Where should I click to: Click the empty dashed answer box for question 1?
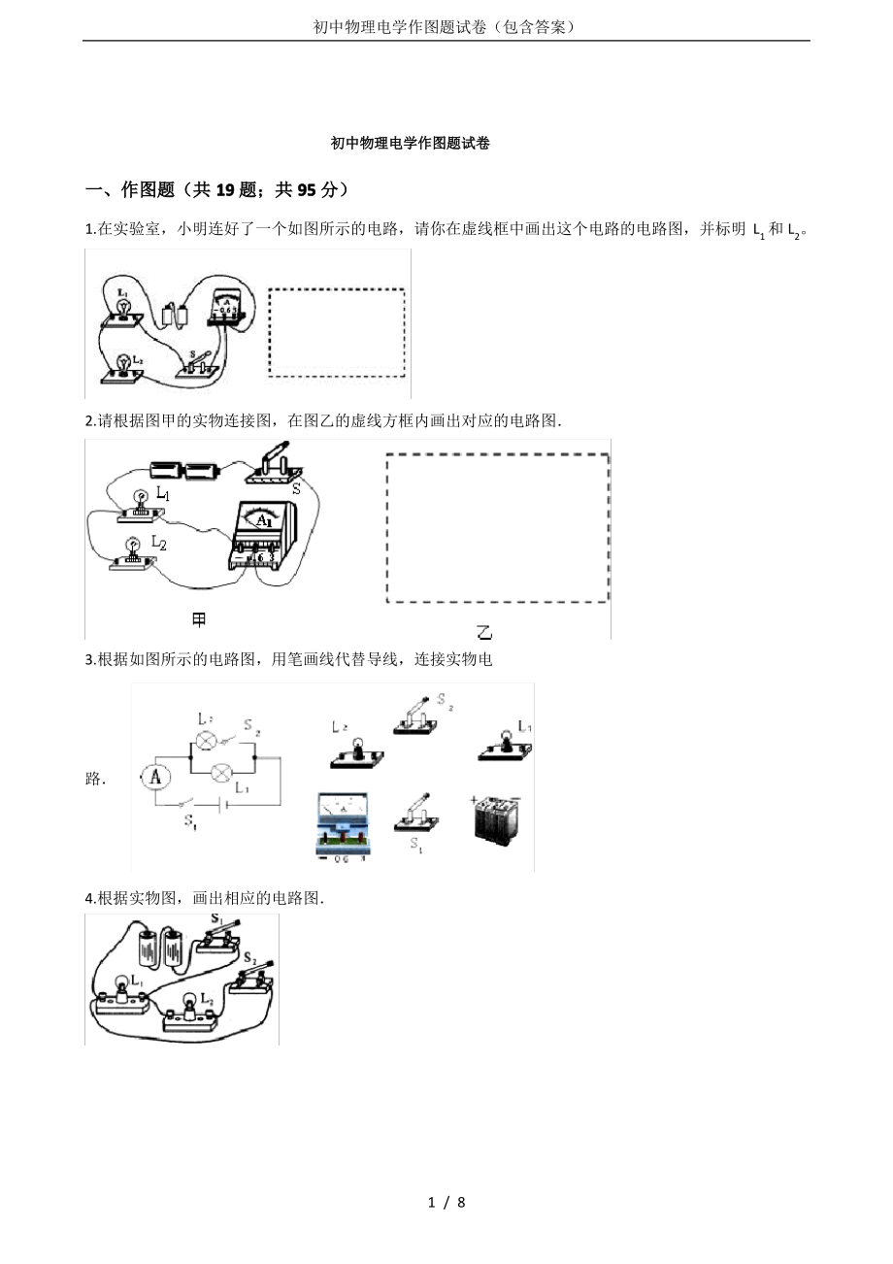click(x=337, y=332)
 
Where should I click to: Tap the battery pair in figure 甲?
click(x=185, y=470)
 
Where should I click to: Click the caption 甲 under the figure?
click(x=199, y=619)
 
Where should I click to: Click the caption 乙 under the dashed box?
click(x=484, y=633)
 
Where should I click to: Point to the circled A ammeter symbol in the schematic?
click(x=155, y=778)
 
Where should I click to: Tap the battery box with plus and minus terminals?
click(x=495, y=819)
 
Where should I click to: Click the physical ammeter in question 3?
click(x=343, y=823)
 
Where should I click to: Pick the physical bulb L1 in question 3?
click(x=506, y=746)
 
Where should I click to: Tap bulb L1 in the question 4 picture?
click(x=122, y=998)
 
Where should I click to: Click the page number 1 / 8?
click(x=446, y=1203)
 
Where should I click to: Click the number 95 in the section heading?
click(x=307, y=190)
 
